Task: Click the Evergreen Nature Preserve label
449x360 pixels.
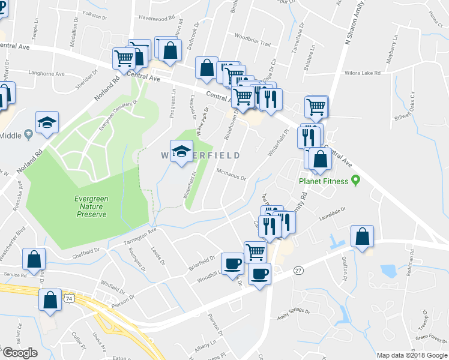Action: coord(91,206)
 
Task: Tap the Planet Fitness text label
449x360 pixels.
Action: coord(325,180)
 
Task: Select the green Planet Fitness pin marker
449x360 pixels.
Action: coord(356,179)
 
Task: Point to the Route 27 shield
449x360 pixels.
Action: coord(298,271)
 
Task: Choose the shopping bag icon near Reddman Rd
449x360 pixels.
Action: coord(363,237)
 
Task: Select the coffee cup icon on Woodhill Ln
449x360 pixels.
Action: coord(232,263)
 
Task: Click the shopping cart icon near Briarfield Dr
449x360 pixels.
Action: coord(255,252)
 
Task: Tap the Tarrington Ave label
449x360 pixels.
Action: coord(140,236)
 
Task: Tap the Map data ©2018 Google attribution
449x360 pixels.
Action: coord(411,355)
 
